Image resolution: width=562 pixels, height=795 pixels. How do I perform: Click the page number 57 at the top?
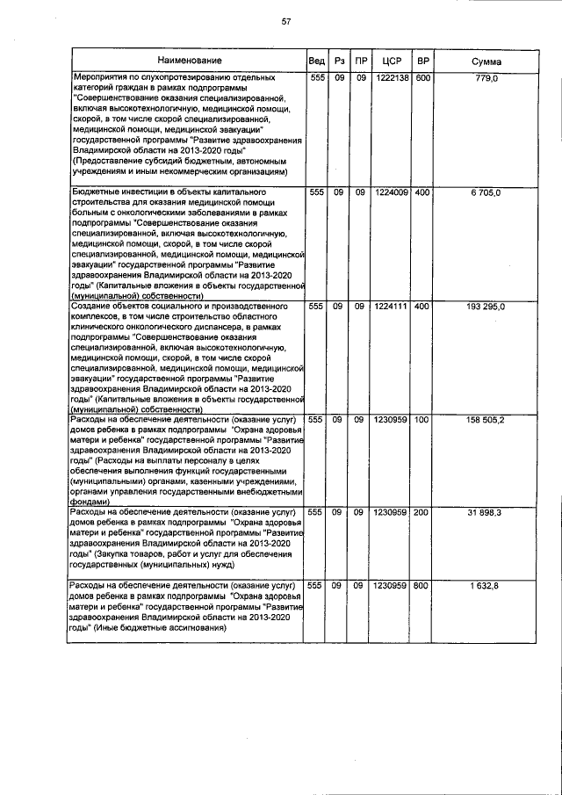coord(285,21)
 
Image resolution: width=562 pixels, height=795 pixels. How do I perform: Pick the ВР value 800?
coord(422,585)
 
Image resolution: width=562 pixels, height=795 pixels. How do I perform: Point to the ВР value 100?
coord(422,421)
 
